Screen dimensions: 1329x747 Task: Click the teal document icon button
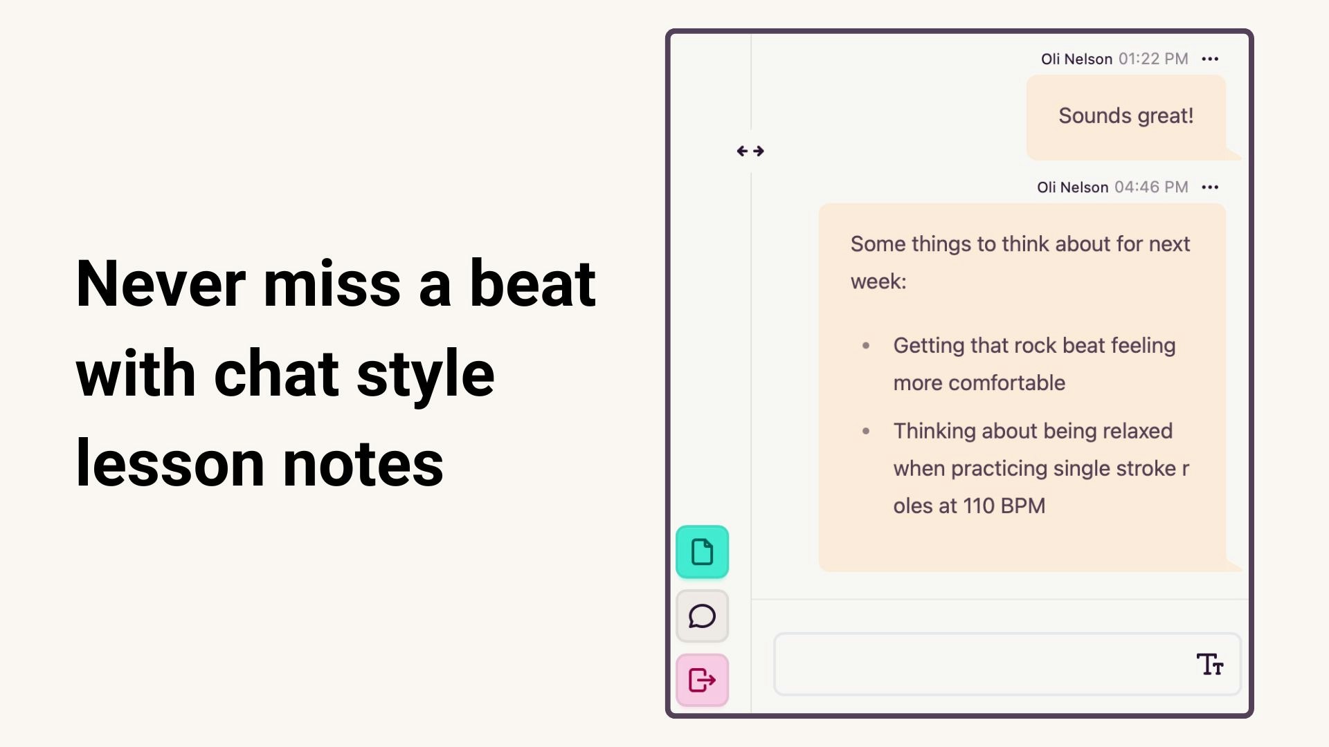[702, 552]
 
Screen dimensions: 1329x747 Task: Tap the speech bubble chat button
[702, 616]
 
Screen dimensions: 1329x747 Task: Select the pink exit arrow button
[702, 680]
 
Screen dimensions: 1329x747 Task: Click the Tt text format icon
[1210, 664]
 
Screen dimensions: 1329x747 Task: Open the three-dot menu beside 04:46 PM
[1210, 187]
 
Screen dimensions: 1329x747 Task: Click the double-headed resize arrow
[750, 151]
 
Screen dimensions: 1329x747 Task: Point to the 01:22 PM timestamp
[1153, 59]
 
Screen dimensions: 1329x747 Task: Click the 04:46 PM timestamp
[1151, 187]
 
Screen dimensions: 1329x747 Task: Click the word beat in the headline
[532, 284]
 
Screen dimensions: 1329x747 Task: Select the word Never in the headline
[161, 284]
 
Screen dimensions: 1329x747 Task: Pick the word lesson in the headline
[170, 463]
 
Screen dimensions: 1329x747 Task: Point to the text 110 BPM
[1004, 506]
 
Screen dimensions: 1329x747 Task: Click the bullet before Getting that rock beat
[865, 345]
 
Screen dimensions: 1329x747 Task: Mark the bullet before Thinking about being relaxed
[865, 431]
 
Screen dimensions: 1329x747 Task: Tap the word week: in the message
[878, 282]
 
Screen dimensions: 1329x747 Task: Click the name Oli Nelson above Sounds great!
[1076, 59]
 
